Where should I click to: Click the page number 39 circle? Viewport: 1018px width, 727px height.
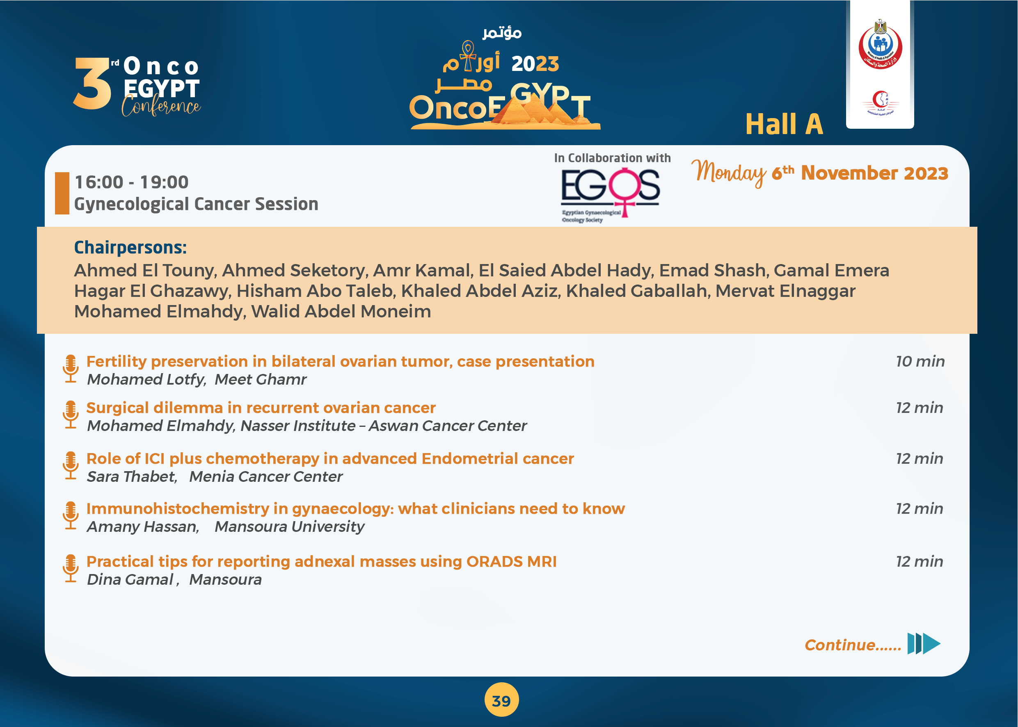coord(501,700)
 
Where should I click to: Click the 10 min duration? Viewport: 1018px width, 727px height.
coord(920,361)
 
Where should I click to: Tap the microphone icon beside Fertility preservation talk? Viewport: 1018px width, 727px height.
coord(71,369)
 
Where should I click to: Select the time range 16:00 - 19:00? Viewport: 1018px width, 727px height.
coord(131,182)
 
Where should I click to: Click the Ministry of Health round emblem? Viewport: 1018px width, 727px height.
coord(880,45)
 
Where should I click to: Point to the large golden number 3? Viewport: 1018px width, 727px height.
coord(93,83)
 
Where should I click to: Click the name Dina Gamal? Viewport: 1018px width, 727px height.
coord(130,579)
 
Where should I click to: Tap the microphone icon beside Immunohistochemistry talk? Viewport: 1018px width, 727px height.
coord(71,515)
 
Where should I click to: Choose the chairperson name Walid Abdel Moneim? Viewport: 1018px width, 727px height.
coord(341,311)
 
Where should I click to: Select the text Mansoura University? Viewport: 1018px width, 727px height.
coord(289,526)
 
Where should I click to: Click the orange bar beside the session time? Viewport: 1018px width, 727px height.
coord(62,194)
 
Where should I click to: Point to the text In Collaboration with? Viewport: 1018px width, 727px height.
coord(612,158)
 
